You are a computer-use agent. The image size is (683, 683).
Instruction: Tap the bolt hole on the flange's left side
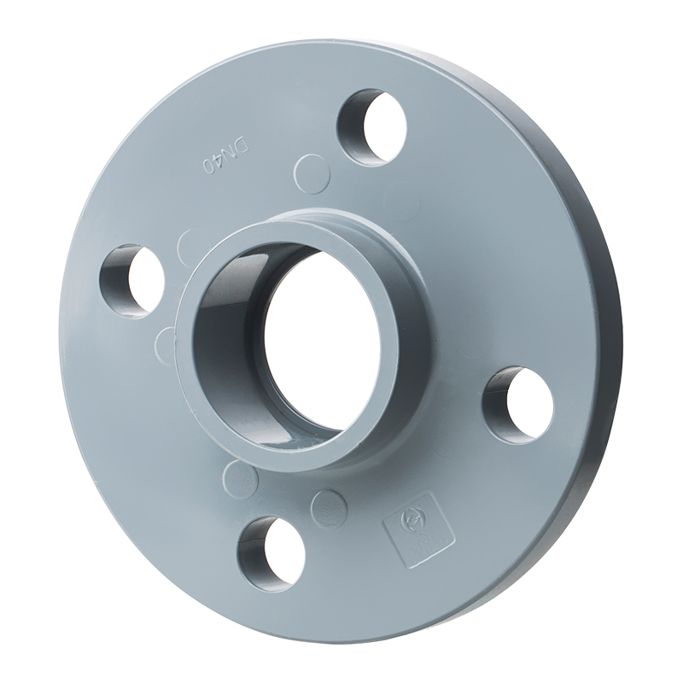click(132, 280)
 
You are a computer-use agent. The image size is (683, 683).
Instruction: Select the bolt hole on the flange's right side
click(518, 405)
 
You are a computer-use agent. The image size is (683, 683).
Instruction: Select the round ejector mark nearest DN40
click(311, 172)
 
